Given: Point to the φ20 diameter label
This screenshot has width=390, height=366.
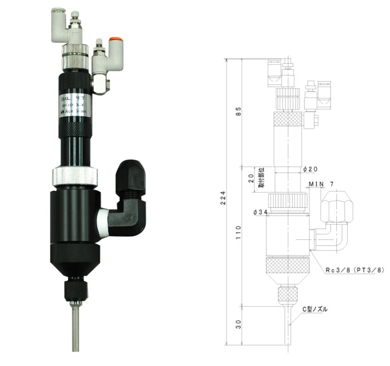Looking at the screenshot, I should pos(311,169).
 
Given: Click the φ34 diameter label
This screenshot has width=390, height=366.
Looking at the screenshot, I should pos(260,212).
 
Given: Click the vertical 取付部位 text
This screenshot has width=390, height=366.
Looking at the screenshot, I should pos(261,177).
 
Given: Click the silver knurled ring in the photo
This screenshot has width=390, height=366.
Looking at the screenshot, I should pos(74,175).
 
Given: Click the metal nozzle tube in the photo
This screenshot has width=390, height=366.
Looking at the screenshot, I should pos(75,328).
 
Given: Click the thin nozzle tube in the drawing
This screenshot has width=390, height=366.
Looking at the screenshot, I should pos(287,326).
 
